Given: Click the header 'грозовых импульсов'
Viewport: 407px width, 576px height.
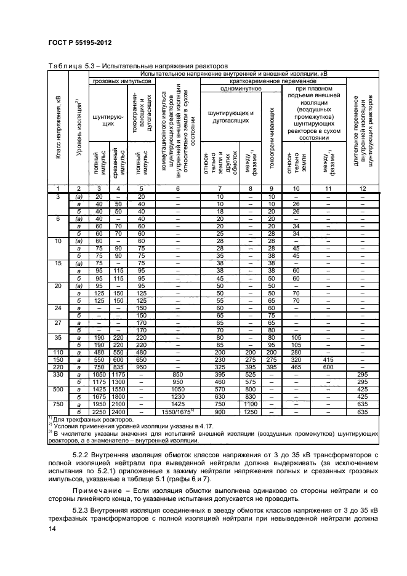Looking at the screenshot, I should (x=122, y=81).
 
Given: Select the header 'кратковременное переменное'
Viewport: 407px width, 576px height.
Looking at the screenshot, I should (x=273, y=81).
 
